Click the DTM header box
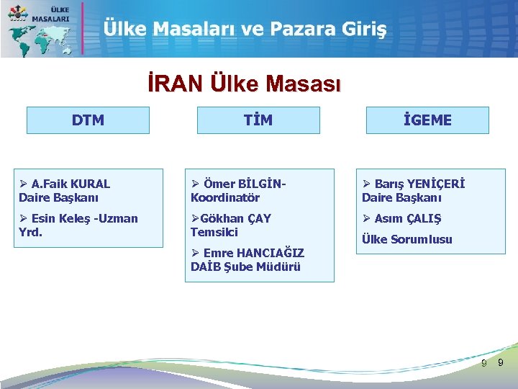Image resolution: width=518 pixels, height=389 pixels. (88, 120)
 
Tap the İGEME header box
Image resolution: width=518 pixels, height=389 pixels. (427, 120)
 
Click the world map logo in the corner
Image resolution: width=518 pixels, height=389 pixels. (40, 29)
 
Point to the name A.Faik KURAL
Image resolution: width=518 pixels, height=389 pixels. (71, 184)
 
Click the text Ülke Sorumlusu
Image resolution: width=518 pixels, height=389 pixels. (407, 239)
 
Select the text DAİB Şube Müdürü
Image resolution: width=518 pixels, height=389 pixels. (245, 267)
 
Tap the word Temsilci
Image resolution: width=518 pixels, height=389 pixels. (214, 232)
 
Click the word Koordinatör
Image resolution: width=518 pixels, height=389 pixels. (225, 197)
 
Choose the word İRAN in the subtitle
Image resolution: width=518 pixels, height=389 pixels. (176, 84)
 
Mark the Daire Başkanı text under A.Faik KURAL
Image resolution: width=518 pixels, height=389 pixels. (59, 197)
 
